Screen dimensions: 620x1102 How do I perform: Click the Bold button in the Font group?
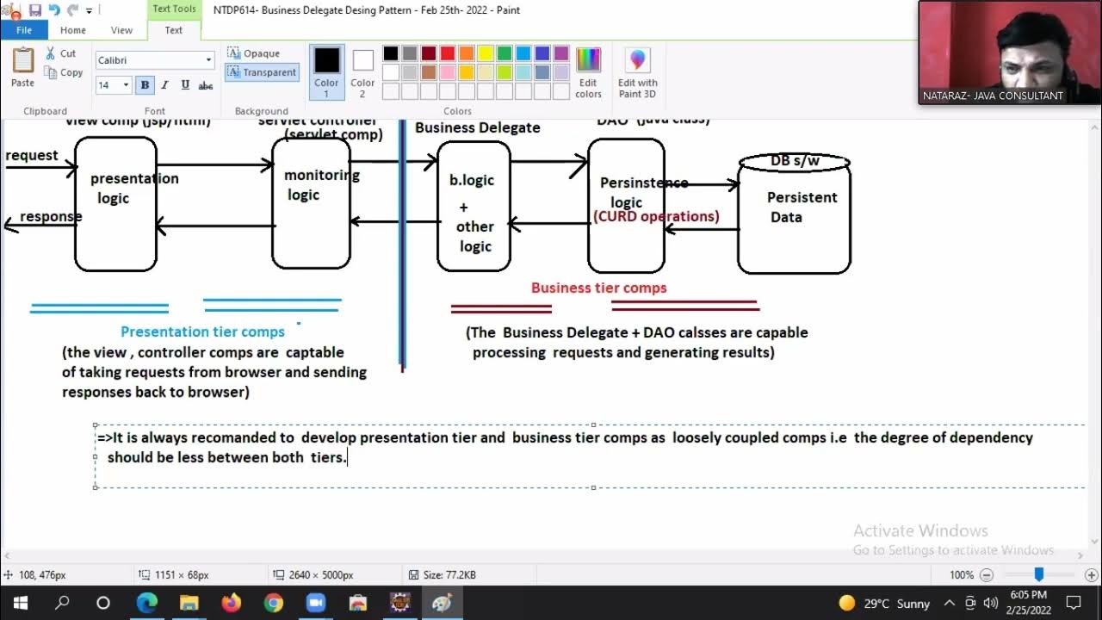145,85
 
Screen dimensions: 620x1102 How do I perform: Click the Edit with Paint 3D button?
637,73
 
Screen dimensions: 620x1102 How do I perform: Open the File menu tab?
24,30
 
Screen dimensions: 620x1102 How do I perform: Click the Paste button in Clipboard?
22,67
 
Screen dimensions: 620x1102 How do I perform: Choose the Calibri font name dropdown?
154,60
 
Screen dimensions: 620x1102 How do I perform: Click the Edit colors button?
588,73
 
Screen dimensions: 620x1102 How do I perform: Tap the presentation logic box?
116,204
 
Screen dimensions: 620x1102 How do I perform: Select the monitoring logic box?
311,204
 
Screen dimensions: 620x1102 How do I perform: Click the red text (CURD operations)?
656,216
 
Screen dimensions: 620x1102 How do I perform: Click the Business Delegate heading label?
477,127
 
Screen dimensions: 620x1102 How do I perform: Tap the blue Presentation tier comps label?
202,332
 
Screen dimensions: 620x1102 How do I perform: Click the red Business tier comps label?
598,288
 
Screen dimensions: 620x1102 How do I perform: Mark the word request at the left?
32,156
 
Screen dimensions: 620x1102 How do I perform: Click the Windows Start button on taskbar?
21,603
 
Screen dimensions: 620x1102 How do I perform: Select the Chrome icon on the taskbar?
273,603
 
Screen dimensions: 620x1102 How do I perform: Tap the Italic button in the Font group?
164,85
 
